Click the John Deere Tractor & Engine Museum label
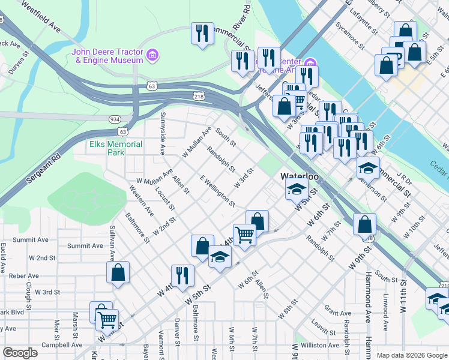[107, 55]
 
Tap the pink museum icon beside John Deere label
[152, 56]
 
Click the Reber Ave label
[25, 276]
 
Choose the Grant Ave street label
[337, 313]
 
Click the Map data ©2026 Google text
[411, 355]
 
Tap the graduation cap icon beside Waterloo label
[296, 190]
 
